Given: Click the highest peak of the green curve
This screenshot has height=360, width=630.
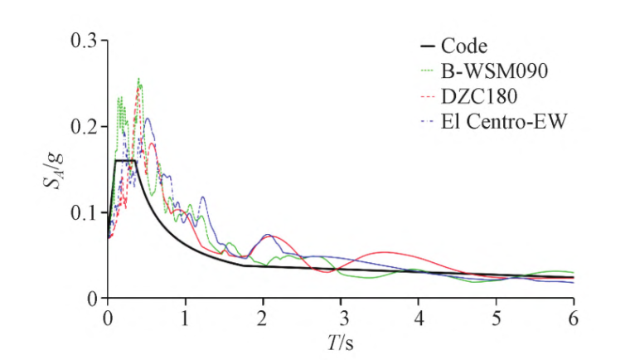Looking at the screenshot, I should [x=138, y=79].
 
